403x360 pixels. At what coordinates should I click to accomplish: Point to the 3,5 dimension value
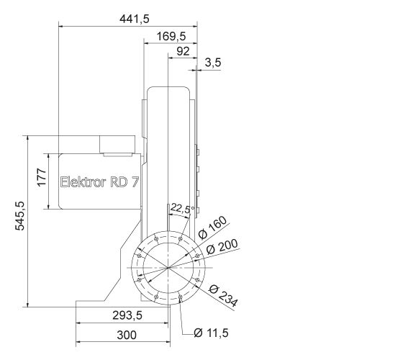tap(213, 63)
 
